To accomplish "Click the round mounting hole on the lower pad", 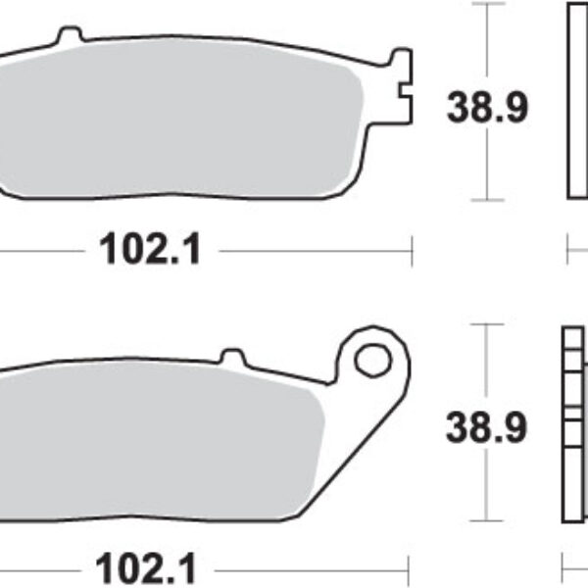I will [372, 361].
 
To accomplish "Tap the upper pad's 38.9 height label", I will [487, 107].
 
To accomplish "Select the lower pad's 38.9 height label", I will [487, 427].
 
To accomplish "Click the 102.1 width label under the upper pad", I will [150, 251].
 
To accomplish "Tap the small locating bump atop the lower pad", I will [231, 355].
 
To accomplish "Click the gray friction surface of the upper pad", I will [176, 118].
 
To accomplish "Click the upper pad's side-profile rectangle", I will [578, 103].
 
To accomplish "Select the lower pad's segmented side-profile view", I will [574, 426].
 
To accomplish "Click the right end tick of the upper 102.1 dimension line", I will [411, 251].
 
